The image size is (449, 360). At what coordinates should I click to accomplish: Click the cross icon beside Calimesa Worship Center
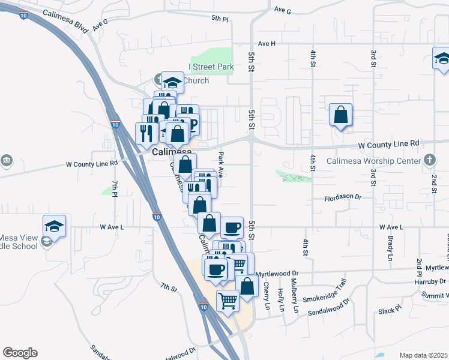[429, 160]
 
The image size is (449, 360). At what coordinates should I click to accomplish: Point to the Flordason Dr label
[343, 197]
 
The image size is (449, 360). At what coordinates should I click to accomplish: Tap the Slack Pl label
[389, 310]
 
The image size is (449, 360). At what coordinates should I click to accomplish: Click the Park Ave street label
[221, 164]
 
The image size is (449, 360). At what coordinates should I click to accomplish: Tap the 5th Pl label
[220, 19]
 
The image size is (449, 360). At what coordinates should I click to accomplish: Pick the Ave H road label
[267, 43]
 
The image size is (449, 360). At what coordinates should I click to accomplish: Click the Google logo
[20, 353]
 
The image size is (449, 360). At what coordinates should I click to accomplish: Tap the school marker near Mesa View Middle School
[54, 227]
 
